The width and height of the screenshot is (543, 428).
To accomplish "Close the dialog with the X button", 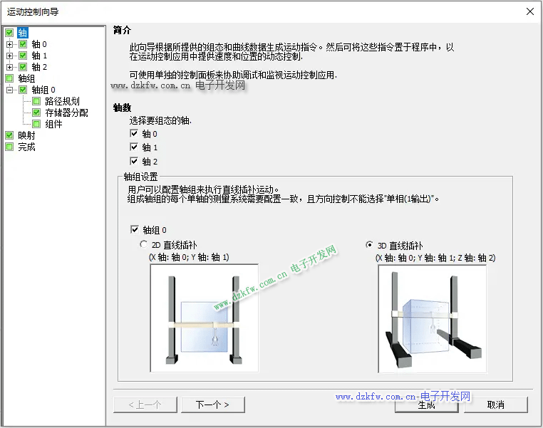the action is [529, 11].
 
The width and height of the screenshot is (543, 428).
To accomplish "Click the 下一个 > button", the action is [212, 404].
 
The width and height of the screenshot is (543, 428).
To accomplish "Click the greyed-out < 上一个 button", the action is [145, 404].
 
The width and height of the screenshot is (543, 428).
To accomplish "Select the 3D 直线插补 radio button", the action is [370, 245].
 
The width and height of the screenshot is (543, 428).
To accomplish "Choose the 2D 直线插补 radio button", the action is [143, 244].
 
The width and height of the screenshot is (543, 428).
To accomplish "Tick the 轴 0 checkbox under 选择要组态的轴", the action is [134, 133].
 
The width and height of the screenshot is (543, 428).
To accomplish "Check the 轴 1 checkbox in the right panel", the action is [134, 147].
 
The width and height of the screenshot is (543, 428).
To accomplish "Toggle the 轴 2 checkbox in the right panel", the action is [134, 161].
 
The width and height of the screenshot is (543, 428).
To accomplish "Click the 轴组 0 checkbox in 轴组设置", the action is [135, 229].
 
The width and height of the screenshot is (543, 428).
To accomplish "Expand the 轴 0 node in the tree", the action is [10, 44].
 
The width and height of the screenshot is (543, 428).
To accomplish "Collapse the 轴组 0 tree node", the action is [10, 90].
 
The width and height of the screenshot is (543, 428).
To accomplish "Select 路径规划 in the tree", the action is [62, 101].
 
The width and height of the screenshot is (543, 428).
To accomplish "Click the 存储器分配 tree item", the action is [66, 113].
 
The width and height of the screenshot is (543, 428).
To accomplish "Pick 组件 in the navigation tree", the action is [53, 124].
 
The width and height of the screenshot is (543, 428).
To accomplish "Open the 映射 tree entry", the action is [26, 135].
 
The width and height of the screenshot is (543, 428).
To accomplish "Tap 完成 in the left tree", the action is [26, 147].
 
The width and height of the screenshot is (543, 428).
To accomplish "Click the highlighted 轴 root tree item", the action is [23, 33].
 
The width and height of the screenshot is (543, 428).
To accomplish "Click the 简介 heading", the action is [123, 31].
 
